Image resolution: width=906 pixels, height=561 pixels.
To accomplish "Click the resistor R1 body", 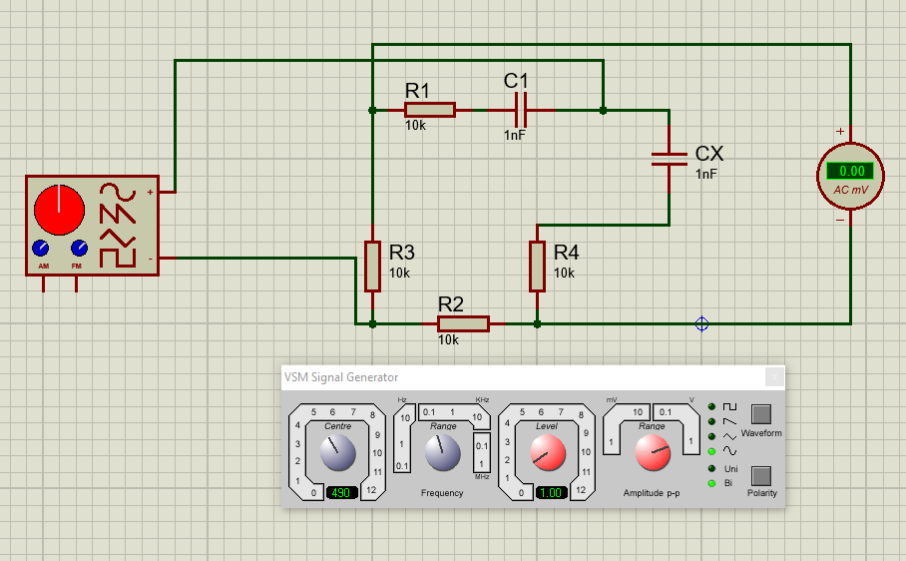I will tap(430, 110).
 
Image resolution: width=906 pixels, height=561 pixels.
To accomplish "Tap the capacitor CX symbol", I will tap(669, 158).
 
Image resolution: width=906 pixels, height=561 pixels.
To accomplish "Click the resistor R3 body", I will tap(372, 266).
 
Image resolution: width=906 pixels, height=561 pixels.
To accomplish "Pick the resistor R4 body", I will tap(537, 266).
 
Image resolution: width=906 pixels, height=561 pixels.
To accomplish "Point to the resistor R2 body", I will tap(463, 323).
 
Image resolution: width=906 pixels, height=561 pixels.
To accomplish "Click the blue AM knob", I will tap(41, 248).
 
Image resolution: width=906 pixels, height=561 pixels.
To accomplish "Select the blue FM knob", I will tap(78, 248).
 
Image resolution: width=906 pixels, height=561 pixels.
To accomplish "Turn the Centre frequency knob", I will tap(338, 454).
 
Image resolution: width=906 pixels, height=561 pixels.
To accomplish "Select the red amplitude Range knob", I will tap(653, 454).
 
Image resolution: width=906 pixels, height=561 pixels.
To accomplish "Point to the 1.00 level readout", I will tap(552, 493).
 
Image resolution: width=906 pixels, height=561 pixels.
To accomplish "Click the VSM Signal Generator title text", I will tap(341, 377).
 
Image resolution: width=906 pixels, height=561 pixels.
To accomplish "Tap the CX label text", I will tap(709, 155).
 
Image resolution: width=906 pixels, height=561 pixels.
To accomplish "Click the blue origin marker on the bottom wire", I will tap(701, 323).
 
